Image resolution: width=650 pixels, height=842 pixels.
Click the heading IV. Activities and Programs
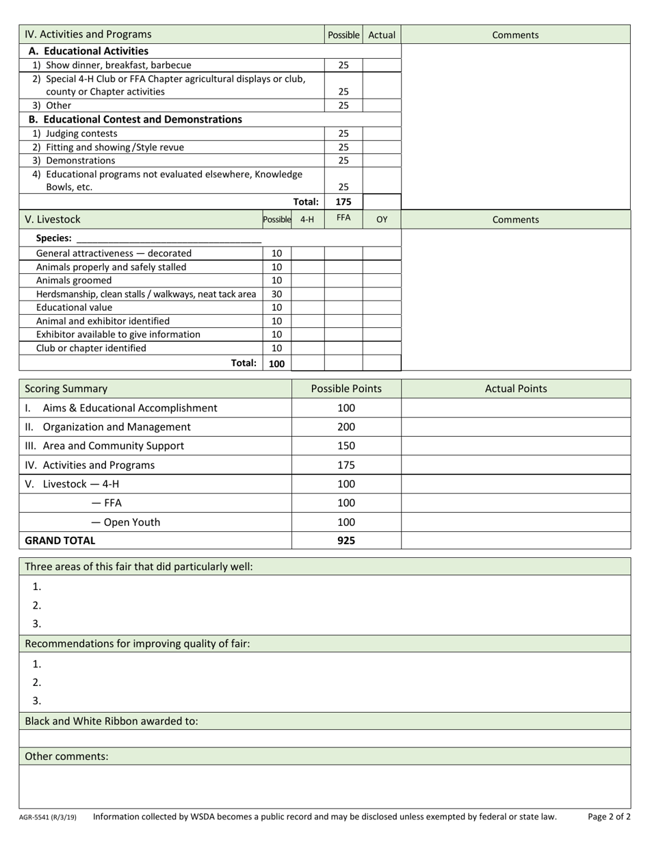pyautogui.click(x=88, y=34)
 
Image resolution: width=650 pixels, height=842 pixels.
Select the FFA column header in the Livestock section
pyautogui.click(x=343, y=218)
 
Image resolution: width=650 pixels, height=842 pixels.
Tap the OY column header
pyautogui.click(x=382, y=219)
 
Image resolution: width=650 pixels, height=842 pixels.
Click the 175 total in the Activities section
pyautogui.click(x=343, y=202)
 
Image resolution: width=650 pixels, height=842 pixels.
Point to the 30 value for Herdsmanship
pyautogui.click(x=277, y=294)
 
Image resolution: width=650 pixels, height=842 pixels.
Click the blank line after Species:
pyautogui.click(x=168, y=238)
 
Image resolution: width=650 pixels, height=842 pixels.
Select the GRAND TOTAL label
pyautogui.click(x=60, y=540)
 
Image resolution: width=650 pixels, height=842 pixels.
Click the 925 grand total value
pyautogui.click(x=346, y=540)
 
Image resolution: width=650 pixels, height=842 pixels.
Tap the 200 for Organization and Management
pyautogui.click(x=346, y=426)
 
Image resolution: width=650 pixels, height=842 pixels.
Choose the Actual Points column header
pyautogui.click(x=516, y=388)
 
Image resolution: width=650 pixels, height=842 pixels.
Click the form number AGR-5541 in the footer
pyautogui.click(x=48, y=817)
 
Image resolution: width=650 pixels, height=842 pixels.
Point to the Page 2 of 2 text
pyautogui.click(x=609, y=816)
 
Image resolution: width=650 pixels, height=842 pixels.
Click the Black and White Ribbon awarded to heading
pyautogui.click(x=112, y=721)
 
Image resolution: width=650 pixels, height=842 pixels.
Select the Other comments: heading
pyautogui.click(x=66, y=756)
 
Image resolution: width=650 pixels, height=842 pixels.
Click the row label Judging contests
pyautogui.click(x=81, y=133)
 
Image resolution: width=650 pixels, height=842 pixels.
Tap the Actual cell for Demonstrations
pyautogui.click(x=381, y=161)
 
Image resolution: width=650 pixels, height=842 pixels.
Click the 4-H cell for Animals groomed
pyautogui.click(x=307, y=280)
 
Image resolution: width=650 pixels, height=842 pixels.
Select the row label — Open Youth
pyautogui.click(x=126, y=522)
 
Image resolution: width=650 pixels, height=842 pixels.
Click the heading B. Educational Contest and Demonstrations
pyautogui.click(x=135, y=119)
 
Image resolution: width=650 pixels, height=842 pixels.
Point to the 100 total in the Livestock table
pyautogui.click(x=277, y=363)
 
